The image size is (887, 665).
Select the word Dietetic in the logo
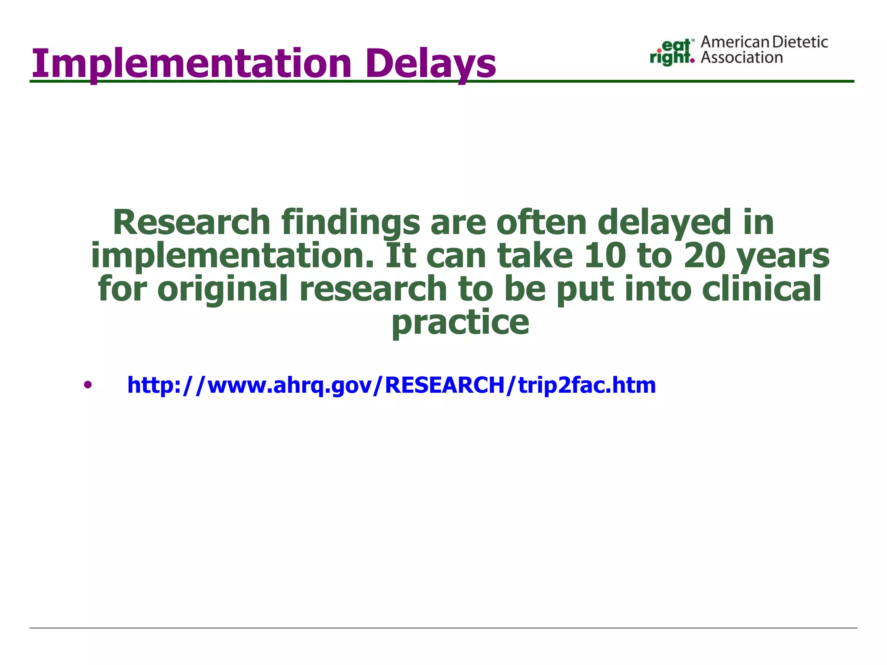800,42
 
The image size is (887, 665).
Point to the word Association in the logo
741,58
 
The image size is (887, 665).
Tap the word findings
350,223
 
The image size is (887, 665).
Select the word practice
460,323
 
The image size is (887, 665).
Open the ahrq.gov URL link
391,385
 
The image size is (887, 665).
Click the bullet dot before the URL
88,385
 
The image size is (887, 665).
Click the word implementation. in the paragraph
232,256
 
